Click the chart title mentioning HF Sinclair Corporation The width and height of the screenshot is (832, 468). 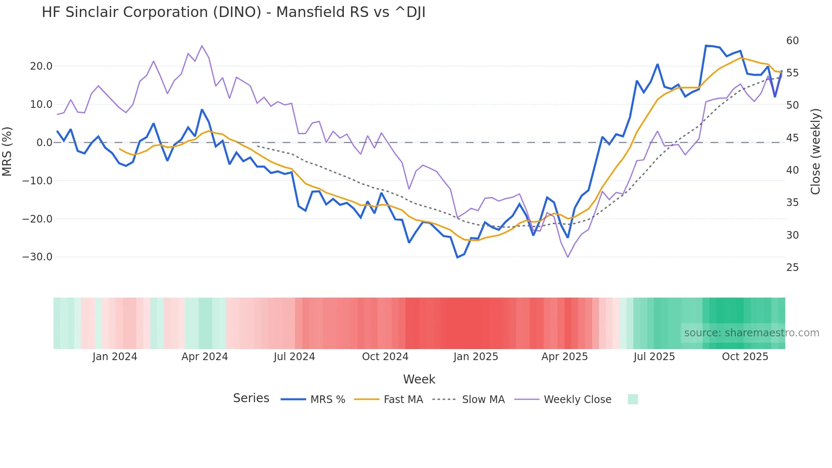[x=233, y=12]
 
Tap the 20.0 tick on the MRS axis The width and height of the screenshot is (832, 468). [x=41, y=66]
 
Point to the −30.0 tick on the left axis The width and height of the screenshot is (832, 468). [x=37, y=257]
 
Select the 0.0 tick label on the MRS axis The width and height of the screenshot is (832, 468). [x=44, y=143]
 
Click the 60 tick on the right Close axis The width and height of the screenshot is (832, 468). [x=792, y=41]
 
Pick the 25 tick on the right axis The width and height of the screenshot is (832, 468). [x=792, y=268]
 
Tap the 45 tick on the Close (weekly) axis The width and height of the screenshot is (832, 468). [x=792, y=138]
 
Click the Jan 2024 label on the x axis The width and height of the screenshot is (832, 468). [x=115, y=357]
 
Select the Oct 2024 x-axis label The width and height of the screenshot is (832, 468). [x=385, y=357]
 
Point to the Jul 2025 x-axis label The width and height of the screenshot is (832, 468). [x=654, y=357]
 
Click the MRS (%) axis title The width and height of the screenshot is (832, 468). [x=7, y=151]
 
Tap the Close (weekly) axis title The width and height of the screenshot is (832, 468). [x=815, y=151]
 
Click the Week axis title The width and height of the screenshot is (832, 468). [x=419, y=379]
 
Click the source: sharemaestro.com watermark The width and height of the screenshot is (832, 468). [x=751, y=333]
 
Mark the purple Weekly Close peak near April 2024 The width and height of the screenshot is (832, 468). [x=202, y=46]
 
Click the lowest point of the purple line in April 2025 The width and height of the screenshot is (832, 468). [x=568, y=257]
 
